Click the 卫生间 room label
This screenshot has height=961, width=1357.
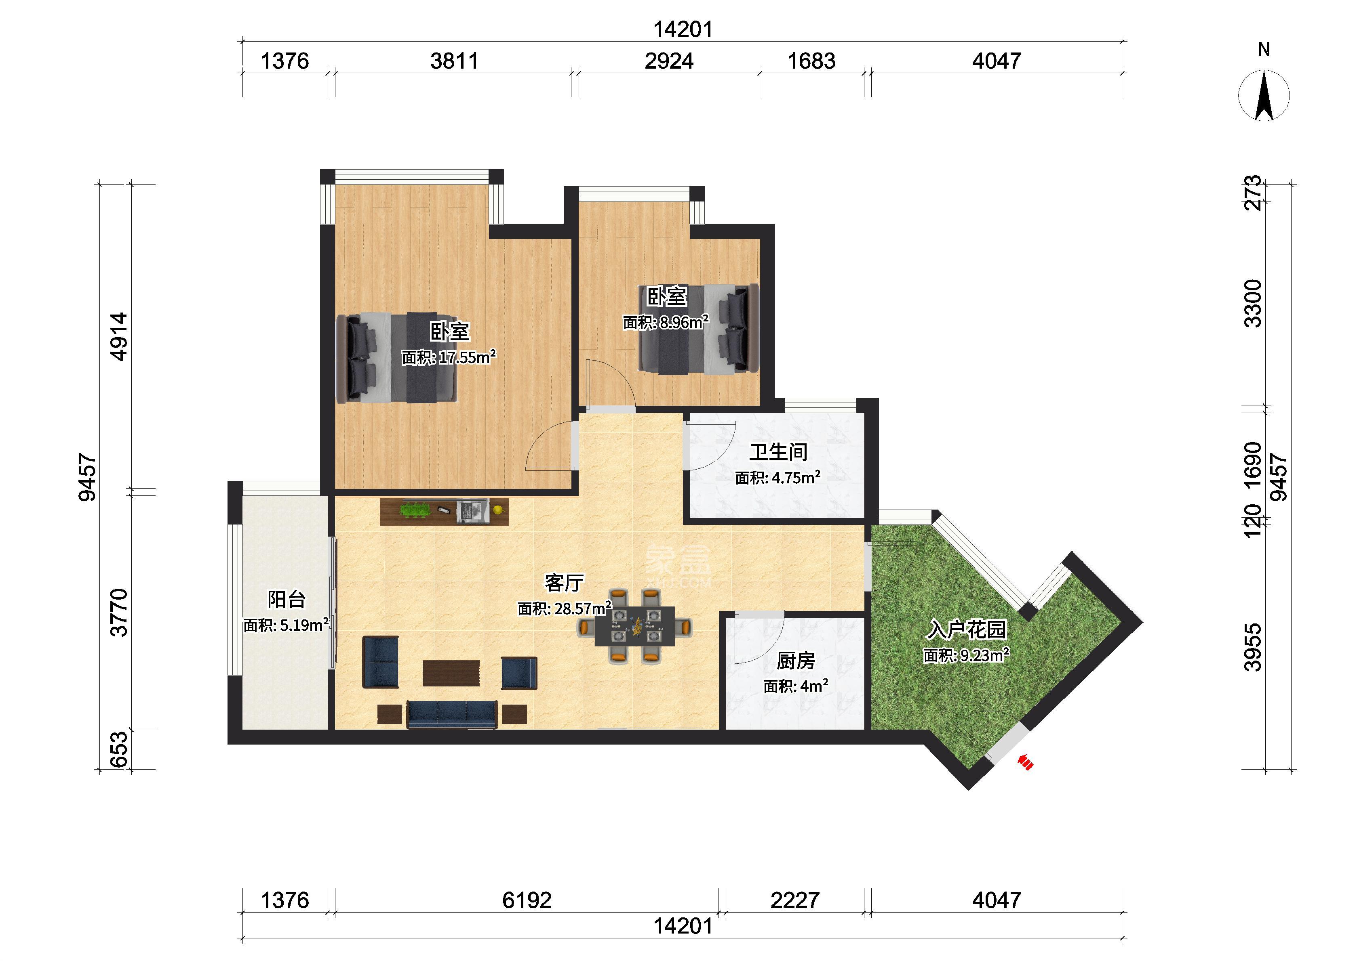pos(778,452)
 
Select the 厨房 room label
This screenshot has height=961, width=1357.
pos(796,661)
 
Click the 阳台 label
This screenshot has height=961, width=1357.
pos(287,600)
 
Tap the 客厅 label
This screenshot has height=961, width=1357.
pos(564,583)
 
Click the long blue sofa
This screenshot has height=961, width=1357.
pos(452,714)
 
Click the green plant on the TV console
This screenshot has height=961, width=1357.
pos(415,509)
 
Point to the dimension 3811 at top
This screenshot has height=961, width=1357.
pos(454,61)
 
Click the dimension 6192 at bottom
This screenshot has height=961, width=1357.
pos(527,900)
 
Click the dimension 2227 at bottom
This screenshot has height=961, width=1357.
pos(794,900)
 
